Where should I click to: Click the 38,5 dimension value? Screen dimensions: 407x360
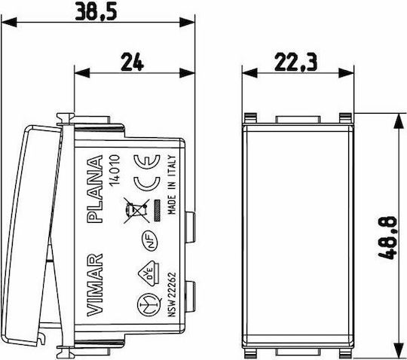[x=96, y=11]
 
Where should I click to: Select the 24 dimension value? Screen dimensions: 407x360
[x=132, y=62]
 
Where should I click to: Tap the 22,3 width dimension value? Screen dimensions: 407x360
[x=295, y=63]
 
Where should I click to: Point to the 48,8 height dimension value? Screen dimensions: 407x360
[x=388, y=238]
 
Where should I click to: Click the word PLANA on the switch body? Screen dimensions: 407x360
[x=94, y=189]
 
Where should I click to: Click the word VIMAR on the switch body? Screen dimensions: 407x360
[x=94, y=285]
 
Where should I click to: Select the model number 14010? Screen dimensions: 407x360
[x=115, y=170]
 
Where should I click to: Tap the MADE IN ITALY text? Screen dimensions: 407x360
[x=172, y=185]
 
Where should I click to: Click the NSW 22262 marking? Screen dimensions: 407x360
[x=172, y=294]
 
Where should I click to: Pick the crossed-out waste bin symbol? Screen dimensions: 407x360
[x=136, y=211]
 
